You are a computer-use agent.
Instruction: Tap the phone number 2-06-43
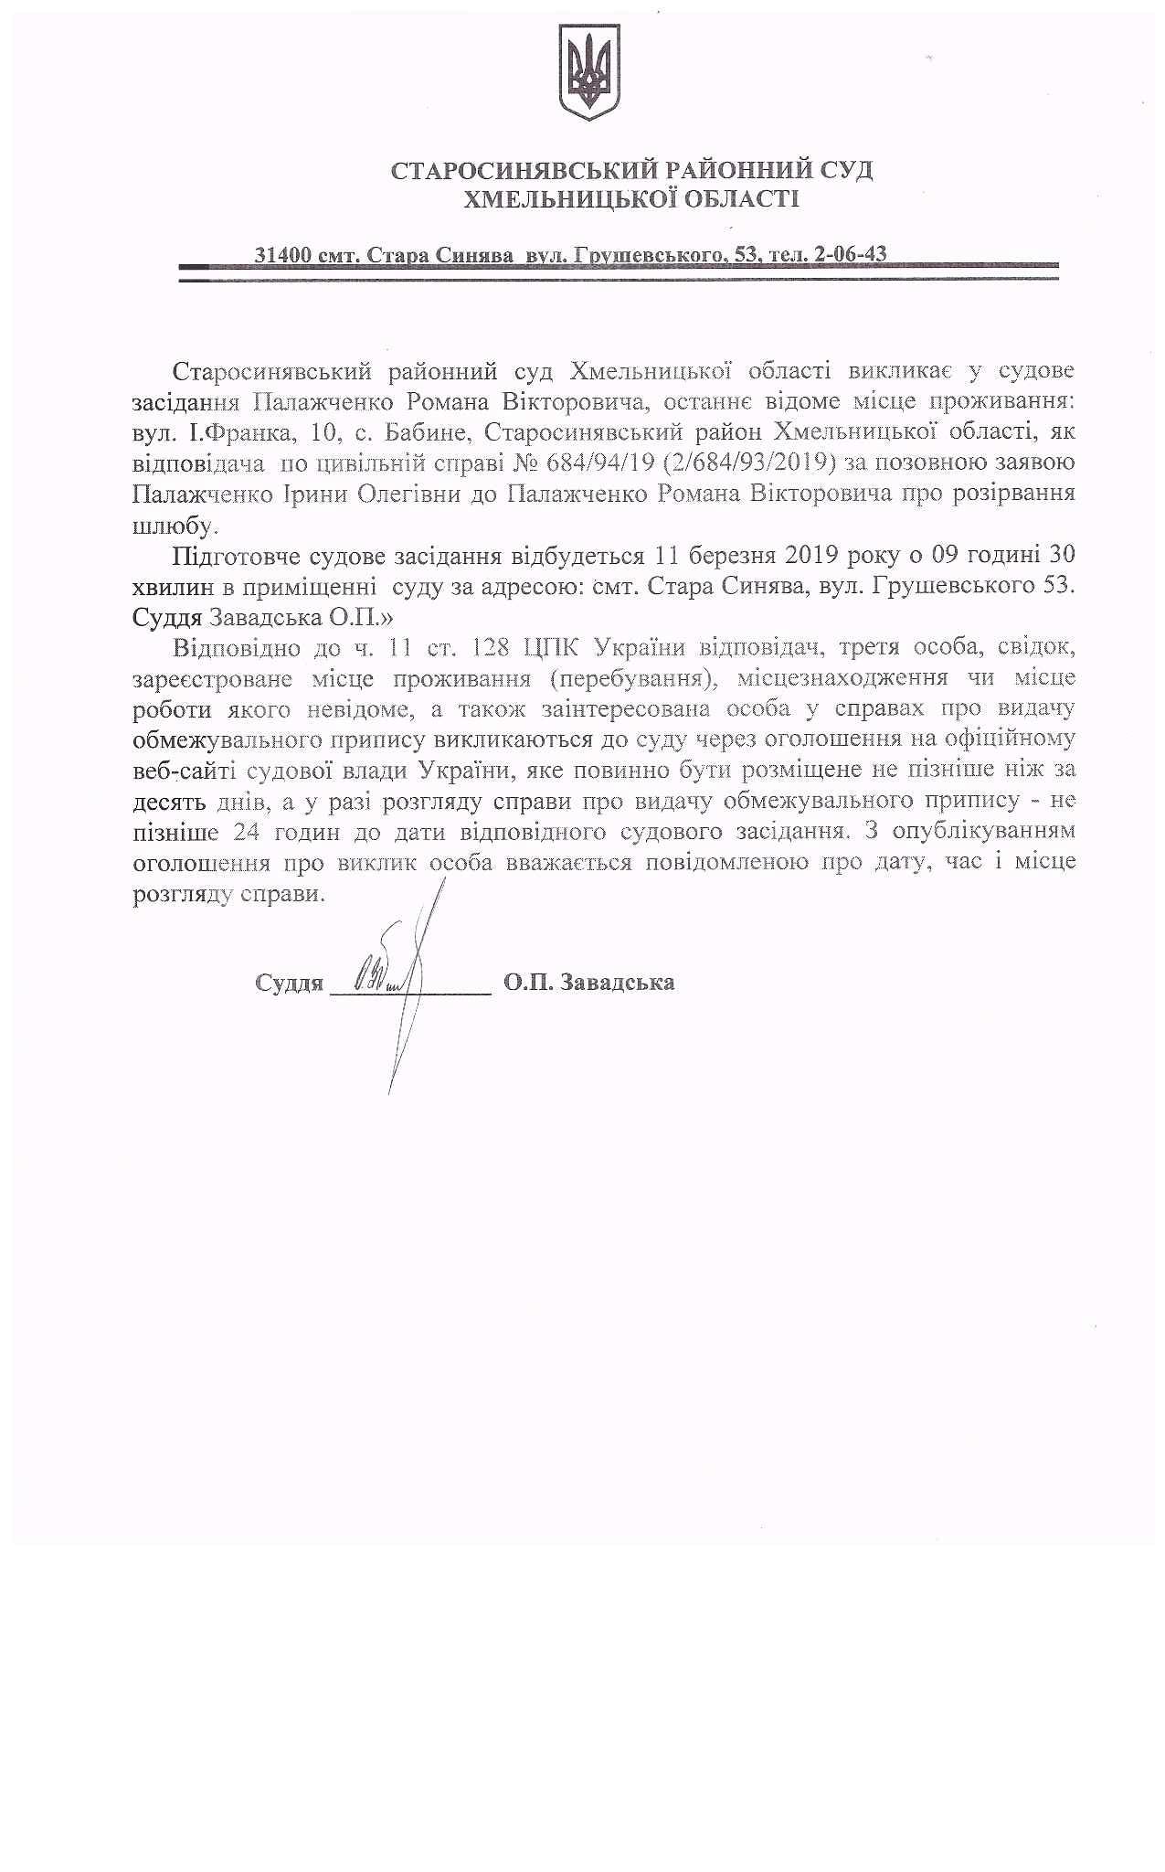point(851,254)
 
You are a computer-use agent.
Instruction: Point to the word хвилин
point(167,586)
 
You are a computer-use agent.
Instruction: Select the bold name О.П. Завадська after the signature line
point(588,984)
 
